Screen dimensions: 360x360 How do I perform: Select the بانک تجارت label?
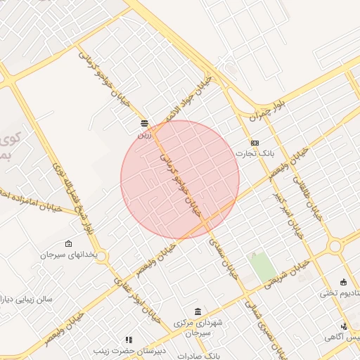[254, 152]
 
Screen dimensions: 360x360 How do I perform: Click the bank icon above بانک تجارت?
[254, 142]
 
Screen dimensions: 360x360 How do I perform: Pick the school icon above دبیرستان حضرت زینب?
[128, 340]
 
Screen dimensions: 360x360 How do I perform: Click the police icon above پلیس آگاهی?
[344, 326]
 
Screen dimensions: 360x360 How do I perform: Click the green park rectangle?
[262, 268]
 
